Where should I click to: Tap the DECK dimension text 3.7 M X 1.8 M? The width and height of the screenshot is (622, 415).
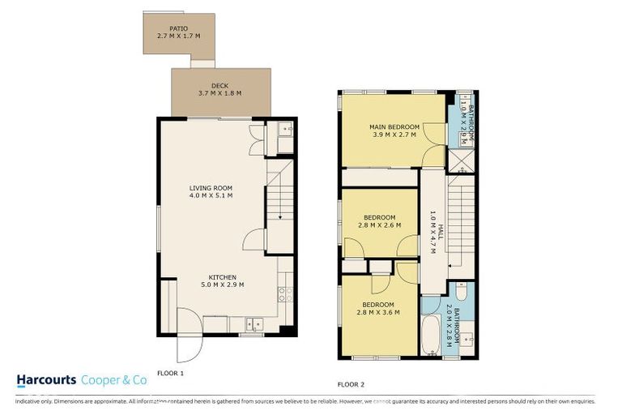tap(220, 93)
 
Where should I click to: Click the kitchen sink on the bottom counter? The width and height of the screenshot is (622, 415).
tap(253, 325)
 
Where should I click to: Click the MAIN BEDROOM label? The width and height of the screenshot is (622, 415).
tap(394, 127)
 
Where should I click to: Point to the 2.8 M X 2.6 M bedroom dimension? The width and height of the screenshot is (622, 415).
tap(379, 225)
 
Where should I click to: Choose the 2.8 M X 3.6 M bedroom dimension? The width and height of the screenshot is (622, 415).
tap(379, 312)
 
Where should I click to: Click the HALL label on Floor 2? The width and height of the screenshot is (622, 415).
tap(432, 232)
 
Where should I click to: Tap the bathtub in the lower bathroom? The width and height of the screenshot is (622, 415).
tap(430, 335)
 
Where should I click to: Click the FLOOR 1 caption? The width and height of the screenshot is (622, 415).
tap(170, 373)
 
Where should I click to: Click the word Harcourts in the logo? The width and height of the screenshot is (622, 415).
tap(47, 380)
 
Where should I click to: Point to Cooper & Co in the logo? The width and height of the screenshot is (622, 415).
tap(113, 380)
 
